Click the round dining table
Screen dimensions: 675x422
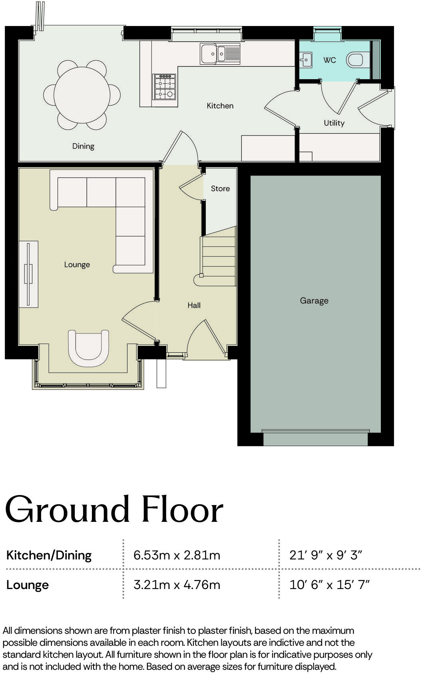click(x=82, y=95)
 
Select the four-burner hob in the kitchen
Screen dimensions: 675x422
click(x=165, y=86)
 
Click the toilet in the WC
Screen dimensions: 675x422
click(x=355, y=60)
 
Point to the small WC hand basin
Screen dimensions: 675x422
click(x=306, y=60)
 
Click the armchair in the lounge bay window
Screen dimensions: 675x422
click(x=88, y=347)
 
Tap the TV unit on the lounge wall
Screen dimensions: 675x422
click(x=28, y=274)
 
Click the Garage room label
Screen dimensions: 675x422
click(x=314, y=300)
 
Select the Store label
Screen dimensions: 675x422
click(x=220, y=188)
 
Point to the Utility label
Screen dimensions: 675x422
click(x=334, y=123)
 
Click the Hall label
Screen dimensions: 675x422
click(x=194, y=305)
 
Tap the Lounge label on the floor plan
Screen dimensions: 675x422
click(x=77, y=264)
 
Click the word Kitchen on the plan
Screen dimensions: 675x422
click(x=220, y=106)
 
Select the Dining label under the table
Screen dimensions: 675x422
click(x=83, y=146)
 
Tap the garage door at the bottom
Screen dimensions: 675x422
click(x=315, y=438)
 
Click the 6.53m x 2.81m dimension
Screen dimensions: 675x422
click(x=177, y=555)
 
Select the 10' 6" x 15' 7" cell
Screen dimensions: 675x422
click(x=329, y=585)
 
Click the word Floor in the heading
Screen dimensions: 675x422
click(x=182, y=510)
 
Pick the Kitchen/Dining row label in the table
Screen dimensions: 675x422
click(x=49, y=555)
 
